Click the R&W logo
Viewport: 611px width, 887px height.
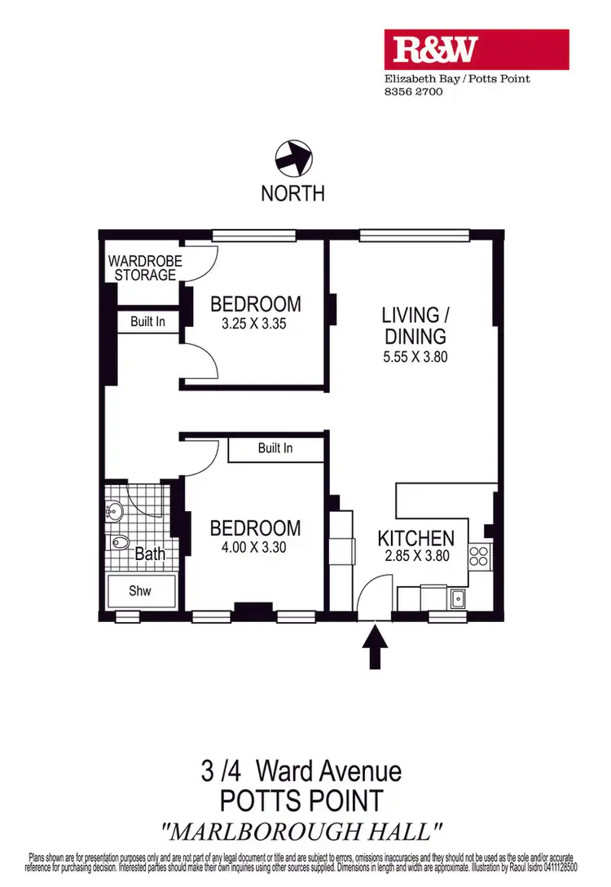coord(477,50)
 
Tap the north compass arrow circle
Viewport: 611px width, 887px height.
coord(292,157)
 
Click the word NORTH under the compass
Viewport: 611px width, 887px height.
coord(292,194)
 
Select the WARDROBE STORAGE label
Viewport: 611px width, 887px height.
coord(145,268)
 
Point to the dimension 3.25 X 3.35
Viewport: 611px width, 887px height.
coord(255,324)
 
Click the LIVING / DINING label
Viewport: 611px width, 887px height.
coord(414,325)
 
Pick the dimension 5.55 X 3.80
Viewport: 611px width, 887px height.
coord(414,356)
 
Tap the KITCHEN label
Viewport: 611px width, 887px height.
coord(415,538)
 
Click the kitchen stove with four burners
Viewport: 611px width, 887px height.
coord(478,558)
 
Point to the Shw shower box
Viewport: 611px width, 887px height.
coord(140,591)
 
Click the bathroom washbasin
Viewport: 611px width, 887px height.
coord(113,512)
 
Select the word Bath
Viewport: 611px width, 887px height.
coord(150,554)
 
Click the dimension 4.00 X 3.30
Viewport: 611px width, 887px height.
coord(255,549)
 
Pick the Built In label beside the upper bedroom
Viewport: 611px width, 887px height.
coord(147,322)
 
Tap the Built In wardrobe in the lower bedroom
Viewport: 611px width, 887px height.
coord(275,448)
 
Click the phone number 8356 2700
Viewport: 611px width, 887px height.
coord(414,92)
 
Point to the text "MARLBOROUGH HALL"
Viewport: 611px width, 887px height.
coord(303,832)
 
